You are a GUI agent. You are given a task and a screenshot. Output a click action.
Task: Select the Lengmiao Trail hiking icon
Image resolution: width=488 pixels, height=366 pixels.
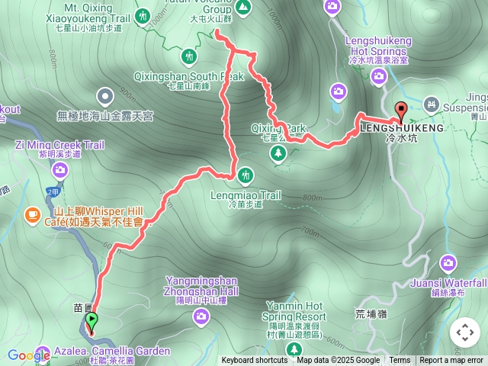pos(245,175)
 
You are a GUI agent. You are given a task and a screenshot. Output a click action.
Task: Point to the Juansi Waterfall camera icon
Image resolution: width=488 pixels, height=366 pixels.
pos(449,264)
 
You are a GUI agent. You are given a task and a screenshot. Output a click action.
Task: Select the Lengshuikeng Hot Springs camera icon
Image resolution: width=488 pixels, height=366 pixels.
pos(378,75)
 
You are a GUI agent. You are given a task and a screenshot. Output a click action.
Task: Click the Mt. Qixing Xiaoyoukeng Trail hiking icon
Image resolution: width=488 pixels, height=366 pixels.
pos(143,15)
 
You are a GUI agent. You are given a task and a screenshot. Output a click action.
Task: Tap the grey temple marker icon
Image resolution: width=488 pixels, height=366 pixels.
pos(105,97)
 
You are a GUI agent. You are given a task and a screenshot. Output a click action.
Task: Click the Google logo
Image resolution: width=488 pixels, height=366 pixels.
pos(29,355)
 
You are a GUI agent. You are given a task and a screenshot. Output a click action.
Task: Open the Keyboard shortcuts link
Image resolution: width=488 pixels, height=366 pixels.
pos(254,361)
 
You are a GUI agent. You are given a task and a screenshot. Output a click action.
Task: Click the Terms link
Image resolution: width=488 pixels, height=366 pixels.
pos(400,361)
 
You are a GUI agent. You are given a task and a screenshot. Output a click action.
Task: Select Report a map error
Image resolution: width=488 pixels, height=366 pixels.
pos(452,361)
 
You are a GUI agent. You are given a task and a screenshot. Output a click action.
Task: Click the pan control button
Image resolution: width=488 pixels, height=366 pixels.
pos(464,332)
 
